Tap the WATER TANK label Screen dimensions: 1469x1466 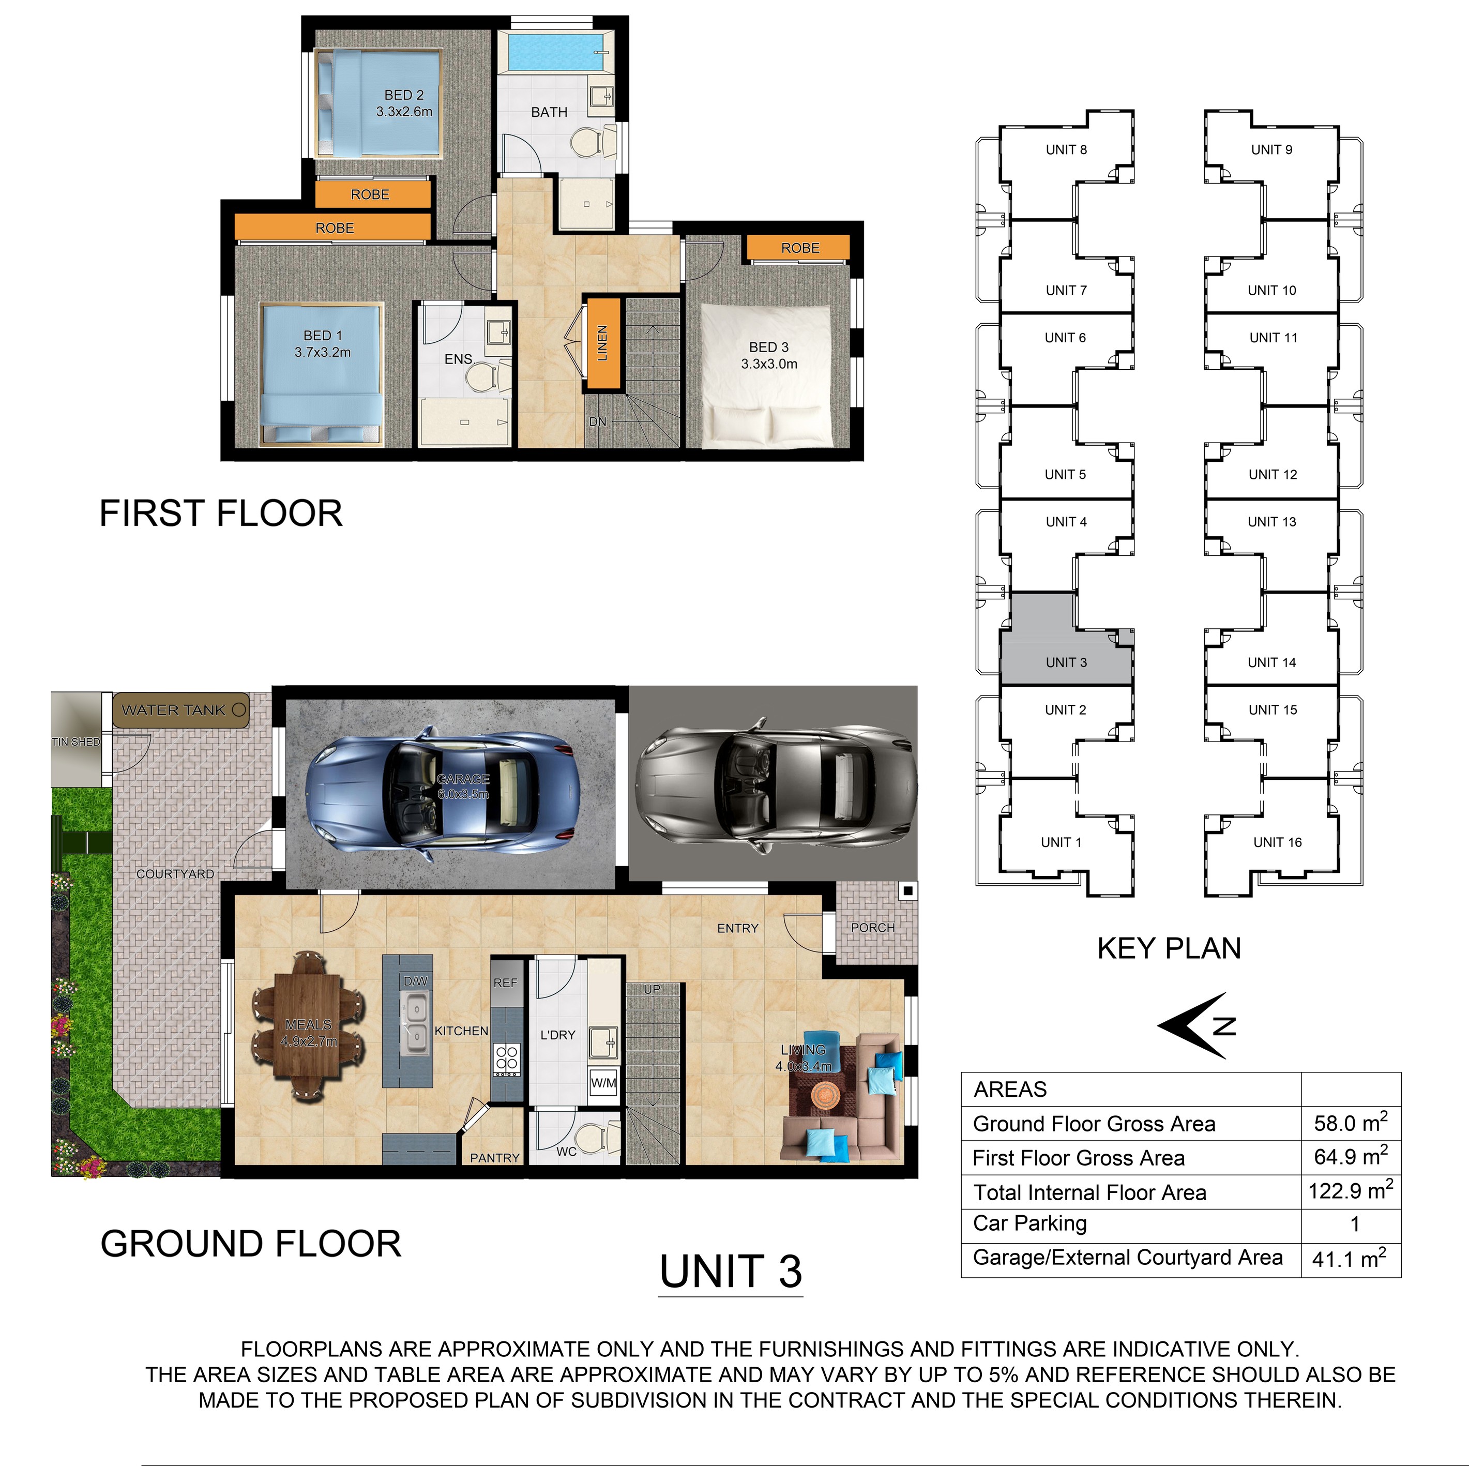pos(173,710)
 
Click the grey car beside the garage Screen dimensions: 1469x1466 pos(776,783)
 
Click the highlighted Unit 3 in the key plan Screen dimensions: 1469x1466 pos(1066,639)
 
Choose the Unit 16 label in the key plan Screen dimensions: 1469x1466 pos(1277,842)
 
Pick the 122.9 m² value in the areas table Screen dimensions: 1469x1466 pos(1351,1191)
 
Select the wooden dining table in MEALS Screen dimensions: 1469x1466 pos(309,1026)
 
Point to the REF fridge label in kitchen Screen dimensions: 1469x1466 pos(505,983)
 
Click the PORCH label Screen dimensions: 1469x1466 pos(873,928)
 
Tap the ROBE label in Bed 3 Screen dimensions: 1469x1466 pos(800,248)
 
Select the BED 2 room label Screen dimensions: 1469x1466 pos(404,95)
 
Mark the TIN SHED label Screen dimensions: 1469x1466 pos(76,742)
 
